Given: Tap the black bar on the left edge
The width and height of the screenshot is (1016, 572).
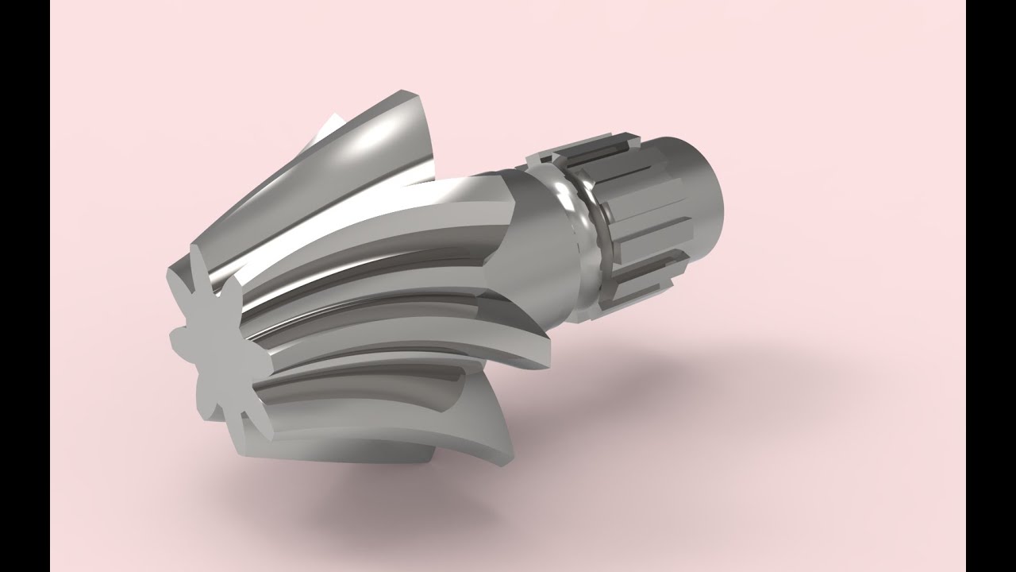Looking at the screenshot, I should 24,286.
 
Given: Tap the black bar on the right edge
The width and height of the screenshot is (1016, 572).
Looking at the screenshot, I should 991,286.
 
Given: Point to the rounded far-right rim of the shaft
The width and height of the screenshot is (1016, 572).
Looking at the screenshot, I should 718,191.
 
